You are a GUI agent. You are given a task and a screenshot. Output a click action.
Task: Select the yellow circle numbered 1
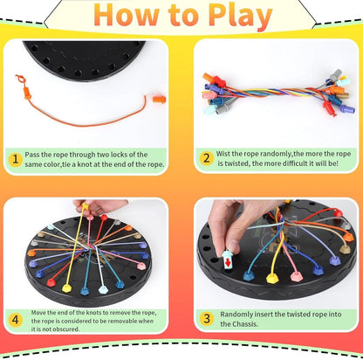[17, 160]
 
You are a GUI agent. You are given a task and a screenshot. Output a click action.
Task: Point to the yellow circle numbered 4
[17, 321]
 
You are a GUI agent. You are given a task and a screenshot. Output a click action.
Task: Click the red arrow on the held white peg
[228, 260]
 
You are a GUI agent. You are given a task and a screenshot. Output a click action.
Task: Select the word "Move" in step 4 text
[40, 312]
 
